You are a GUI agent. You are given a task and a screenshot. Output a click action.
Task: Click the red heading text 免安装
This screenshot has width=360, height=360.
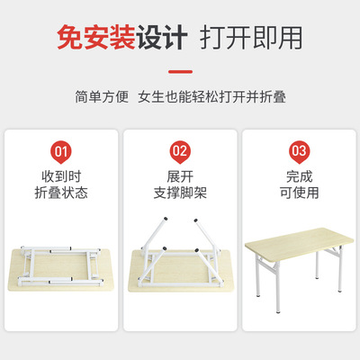tap(96, 37)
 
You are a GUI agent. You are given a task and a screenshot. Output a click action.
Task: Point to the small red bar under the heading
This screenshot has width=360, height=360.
tap(179, 67)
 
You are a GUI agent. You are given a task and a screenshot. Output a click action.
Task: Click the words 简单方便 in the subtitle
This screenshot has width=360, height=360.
tap(104, 96)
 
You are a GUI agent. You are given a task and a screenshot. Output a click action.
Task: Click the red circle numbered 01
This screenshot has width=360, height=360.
tap(60, 150)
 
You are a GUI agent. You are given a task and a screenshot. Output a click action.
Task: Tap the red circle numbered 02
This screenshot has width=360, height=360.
tap(180, 150)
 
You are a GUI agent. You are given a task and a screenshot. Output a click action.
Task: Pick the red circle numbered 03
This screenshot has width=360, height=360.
tap(299, 150)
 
